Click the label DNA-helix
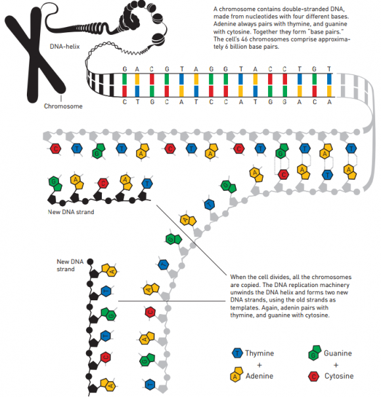[64, 47]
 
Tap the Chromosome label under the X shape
[63, 106]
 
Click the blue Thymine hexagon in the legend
[237, 353]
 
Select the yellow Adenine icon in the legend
[236, 375]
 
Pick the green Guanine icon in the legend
[314, 352]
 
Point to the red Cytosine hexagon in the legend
[314, 376]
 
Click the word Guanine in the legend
[338, 353]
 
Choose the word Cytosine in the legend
[339, 376]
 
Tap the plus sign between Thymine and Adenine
[259, 365]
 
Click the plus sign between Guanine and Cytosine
[336, 365]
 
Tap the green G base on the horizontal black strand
[55, 184]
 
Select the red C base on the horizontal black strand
[103, 183]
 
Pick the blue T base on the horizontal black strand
[147, 184]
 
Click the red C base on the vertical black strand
[106, 357]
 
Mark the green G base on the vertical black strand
[109, 314]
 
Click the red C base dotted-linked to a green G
[284, 174]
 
